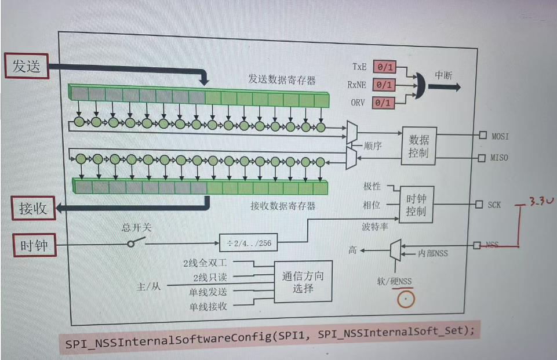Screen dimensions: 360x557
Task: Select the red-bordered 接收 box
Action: click(x=34, y=209)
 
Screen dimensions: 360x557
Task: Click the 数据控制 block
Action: click(x=418, y=146)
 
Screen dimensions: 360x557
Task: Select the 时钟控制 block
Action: click(x=416, y=205)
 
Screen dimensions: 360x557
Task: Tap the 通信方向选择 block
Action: click(x=303, y=281)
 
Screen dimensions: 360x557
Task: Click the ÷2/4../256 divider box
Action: click(x=249, y=242)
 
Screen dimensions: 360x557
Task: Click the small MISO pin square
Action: click(x=482, y=157)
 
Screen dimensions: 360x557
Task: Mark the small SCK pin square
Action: click(x=479, y=204)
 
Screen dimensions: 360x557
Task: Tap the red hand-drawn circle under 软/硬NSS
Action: click(x=406, y=299)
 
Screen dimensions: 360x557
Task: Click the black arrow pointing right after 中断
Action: click(x=446, y=87)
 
